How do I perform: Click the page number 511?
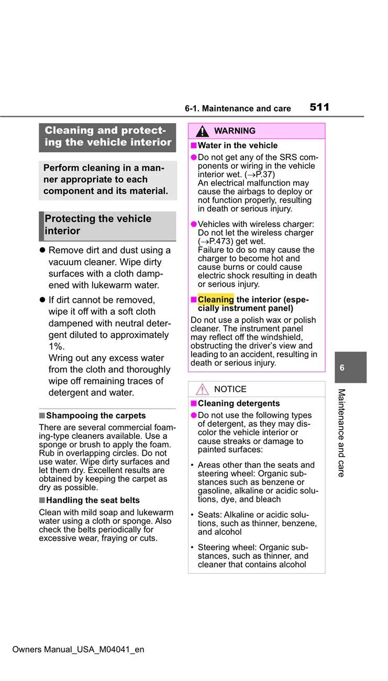point(319,107)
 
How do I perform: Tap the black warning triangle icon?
point(202,131)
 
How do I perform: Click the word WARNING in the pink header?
point(235,131)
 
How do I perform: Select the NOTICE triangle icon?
point(202,389)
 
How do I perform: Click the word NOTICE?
point(230,389)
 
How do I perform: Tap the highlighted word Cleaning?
point(216,300)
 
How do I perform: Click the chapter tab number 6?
point(342,368)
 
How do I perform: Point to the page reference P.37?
point(265,174)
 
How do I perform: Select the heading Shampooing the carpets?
point(96,416)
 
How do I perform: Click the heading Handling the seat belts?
point(93,500)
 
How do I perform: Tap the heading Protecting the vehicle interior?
point(98,225)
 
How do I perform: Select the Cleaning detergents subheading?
point(239,403)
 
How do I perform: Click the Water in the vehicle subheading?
point(238,146)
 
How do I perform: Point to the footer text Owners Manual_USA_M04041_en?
point(78,650)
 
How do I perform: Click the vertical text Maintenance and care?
point(341,433)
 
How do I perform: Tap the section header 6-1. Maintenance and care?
point(238,109)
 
